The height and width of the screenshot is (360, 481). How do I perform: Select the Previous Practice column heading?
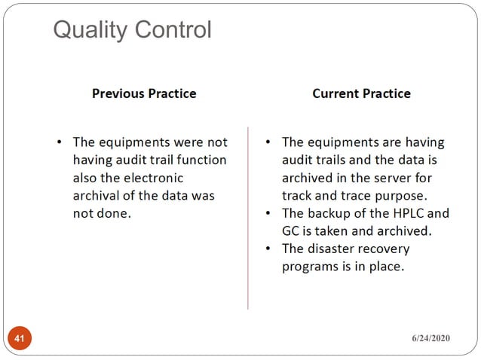[x=144, y=93]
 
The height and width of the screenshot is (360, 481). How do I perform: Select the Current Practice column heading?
[x=361, y=93]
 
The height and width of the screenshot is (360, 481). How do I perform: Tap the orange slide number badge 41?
[x=20, y=339]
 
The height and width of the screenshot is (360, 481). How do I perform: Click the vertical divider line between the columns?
[x=247, y=218]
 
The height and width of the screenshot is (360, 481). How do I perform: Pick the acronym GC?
[x=291, y=230]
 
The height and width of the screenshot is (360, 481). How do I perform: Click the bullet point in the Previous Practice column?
[x=60, y=142]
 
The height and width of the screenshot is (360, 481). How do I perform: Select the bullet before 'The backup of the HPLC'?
[x=269, y=212]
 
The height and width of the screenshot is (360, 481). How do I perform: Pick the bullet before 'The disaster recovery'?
[x=269, y=249]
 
